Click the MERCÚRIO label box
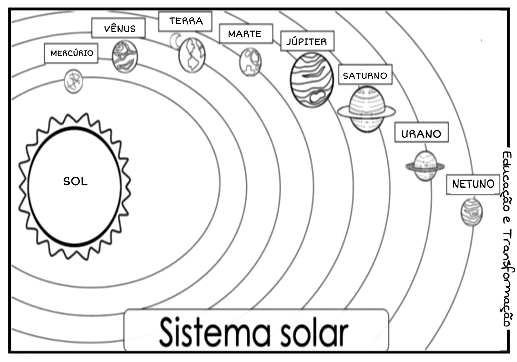click(71, 53)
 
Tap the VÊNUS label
click(118, 28)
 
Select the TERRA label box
click(185, 21)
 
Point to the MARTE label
click(246, 34)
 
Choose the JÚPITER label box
click(307, 42)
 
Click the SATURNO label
click(365, 75)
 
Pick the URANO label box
click(421, 133)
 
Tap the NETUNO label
click(473, 184)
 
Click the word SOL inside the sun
click(75, 181)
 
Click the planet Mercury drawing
click(73, 81)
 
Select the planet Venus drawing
click(125, 56)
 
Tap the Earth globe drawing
click(192, 55)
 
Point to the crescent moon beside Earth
click(175, 41)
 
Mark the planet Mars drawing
click(250, 62)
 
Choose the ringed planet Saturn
click(366, 109)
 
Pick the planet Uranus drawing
click(425, 166)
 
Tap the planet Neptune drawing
click(472, 212)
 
